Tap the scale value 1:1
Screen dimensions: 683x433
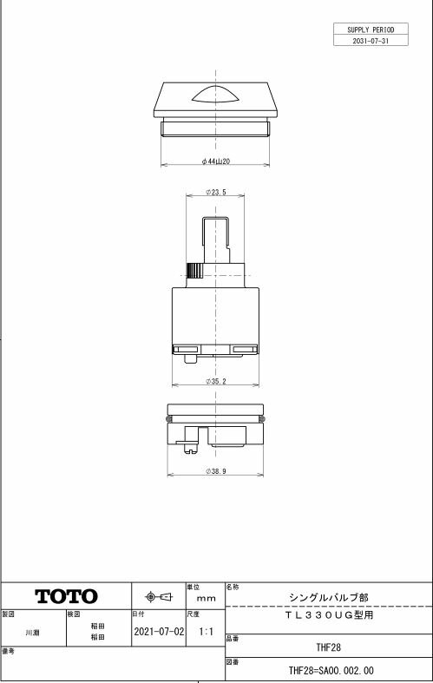tap(205, 632)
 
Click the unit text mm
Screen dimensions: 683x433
tap(206, 599)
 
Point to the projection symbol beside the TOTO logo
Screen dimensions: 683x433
tap(158, 597)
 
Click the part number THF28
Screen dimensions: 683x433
tap(327, 647)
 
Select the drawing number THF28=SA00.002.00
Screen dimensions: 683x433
tap(331, 671)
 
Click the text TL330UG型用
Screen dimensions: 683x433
tap(327, 614)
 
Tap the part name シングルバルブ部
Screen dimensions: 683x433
tap(327, 597)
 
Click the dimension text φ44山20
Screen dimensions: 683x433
tap(215, 161)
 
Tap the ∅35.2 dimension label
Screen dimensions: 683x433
tap(216, 380)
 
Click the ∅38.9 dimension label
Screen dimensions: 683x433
tap(216, 470)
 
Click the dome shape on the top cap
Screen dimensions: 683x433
tap(215, 95)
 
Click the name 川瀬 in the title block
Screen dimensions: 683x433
tap(31, 633)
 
